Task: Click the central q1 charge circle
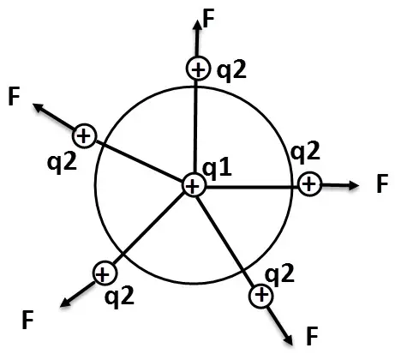(194, 185)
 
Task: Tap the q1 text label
(217, 169)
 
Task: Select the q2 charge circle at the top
(198, 69)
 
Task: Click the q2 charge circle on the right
(309, 184)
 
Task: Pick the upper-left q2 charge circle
(84, 136)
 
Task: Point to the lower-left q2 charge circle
(105, 273)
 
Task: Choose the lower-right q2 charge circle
(261, 296)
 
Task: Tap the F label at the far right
(382, 183)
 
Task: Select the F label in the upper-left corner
(14, 97)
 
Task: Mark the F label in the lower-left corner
(28, 320)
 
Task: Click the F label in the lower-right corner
(312, 336)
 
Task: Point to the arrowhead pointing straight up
(197, 25)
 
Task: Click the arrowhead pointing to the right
(354, 185)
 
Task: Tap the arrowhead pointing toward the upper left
(38, 107)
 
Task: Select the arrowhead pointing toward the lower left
(65, 303)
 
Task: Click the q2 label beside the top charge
(231, 72)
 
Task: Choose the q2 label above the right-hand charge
(305, 152)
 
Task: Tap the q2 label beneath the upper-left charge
(63, 164)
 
